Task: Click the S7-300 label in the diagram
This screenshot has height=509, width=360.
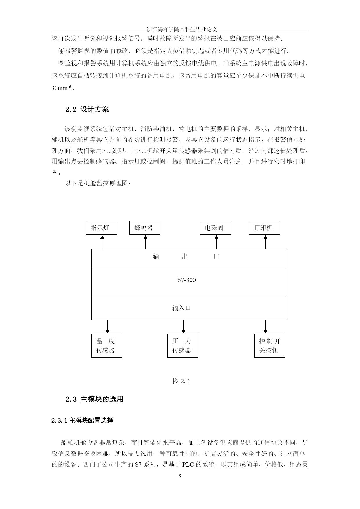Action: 187,280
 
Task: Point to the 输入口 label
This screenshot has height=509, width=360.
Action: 182,308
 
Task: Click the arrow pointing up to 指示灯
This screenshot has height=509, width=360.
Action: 102,242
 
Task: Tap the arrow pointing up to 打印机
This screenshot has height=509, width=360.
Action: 265,242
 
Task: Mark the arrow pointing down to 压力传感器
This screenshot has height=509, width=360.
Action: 184,327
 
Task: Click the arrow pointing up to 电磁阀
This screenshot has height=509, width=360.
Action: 216,242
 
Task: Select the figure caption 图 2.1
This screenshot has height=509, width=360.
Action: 181,381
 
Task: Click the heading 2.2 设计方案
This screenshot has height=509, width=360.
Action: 87,109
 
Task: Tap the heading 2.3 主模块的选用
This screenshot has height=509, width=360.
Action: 95,399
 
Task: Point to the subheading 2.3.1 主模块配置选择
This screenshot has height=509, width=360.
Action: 82,420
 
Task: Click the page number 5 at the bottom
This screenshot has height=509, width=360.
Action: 180,476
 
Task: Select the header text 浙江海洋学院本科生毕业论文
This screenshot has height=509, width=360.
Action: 182,29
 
